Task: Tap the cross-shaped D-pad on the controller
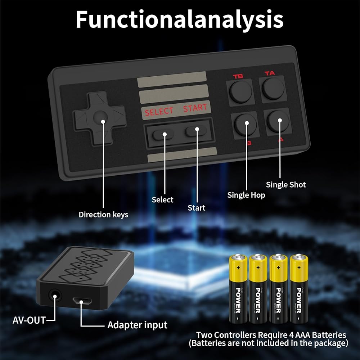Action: click(99, 117)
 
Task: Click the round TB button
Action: click(240, 91)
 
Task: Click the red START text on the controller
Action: click(195, 108)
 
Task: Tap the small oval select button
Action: click(163, 134)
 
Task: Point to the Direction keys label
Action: click(103, 215)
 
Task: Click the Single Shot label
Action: click(286, 185)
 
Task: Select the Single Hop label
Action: click(246, 195)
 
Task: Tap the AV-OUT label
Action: click(29, 320)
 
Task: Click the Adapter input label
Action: click(137, 325)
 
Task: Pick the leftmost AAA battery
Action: click(238, 288)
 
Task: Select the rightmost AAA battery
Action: click(299, 288)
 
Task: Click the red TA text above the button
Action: click(270, 73)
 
